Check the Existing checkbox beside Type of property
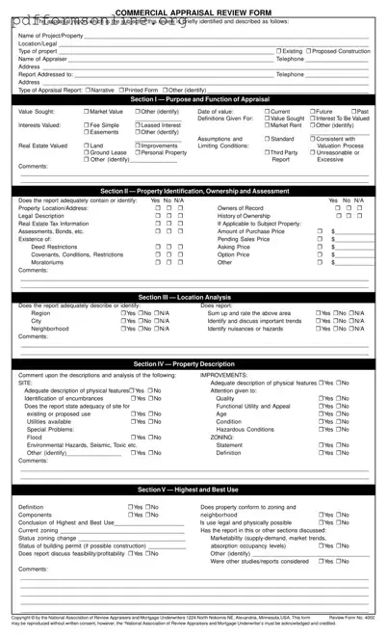(279, 50)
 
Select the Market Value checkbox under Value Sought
(87, 112)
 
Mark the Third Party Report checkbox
(267, 152)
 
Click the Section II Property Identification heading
(194, 191)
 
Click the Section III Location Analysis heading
(194, 297)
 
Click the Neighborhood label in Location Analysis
(50, 329)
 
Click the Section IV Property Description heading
(194, 364)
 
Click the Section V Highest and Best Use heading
(194, 491)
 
